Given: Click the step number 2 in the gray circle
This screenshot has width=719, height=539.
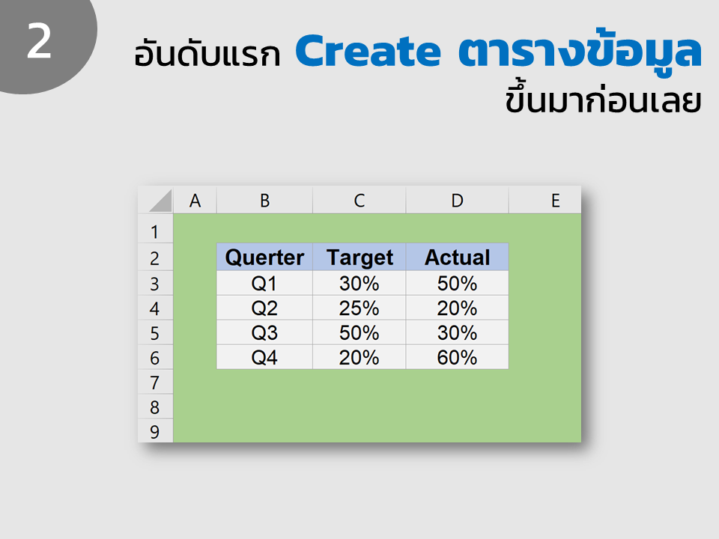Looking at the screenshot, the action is (x=39, y=41).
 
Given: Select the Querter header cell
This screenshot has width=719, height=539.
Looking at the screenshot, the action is (x=264, y=257).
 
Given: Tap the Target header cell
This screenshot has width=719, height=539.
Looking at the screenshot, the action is (x=359, y=257).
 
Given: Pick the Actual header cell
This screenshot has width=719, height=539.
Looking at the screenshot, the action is (x=457, y=257).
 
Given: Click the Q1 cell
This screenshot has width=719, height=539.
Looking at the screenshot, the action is (x=264, y=283).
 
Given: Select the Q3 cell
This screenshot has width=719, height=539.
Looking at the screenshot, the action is (x=264, y=332).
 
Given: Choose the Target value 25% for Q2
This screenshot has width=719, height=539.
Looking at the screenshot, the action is (x=359, y=308).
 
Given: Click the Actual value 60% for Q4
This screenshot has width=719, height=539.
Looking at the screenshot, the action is (x=457, y=357).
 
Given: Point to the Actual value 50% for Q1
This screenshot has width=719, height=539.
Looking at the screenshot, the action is (x=457, y=283).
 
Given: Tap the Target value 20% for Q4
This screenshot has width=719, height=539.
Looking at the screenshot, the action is (x=359, y=357).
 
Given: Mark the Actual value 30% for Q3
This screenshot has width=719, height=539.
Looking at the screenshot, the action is (x=457, y=332).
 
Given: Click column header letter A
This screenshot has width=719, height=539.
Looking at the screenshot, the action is (x=195, y=201).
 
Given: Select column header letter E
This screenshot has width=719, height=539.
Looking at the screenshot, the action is (x=555, y=201).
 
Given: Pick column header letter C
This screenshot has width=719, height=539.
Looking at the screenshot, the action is (x=359, y=201).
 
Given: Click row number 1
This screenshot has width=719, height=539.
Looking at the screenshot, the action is (x=154, y=232).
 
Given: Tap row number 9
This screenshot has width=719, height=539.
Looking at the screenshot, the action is (x=154, y=432).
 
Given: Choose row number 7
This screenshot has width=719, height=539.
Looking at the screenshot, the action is (x=154, y=383).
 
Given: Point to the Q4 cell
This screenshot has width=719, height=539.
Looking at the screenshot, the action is (x=264, y=357).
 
